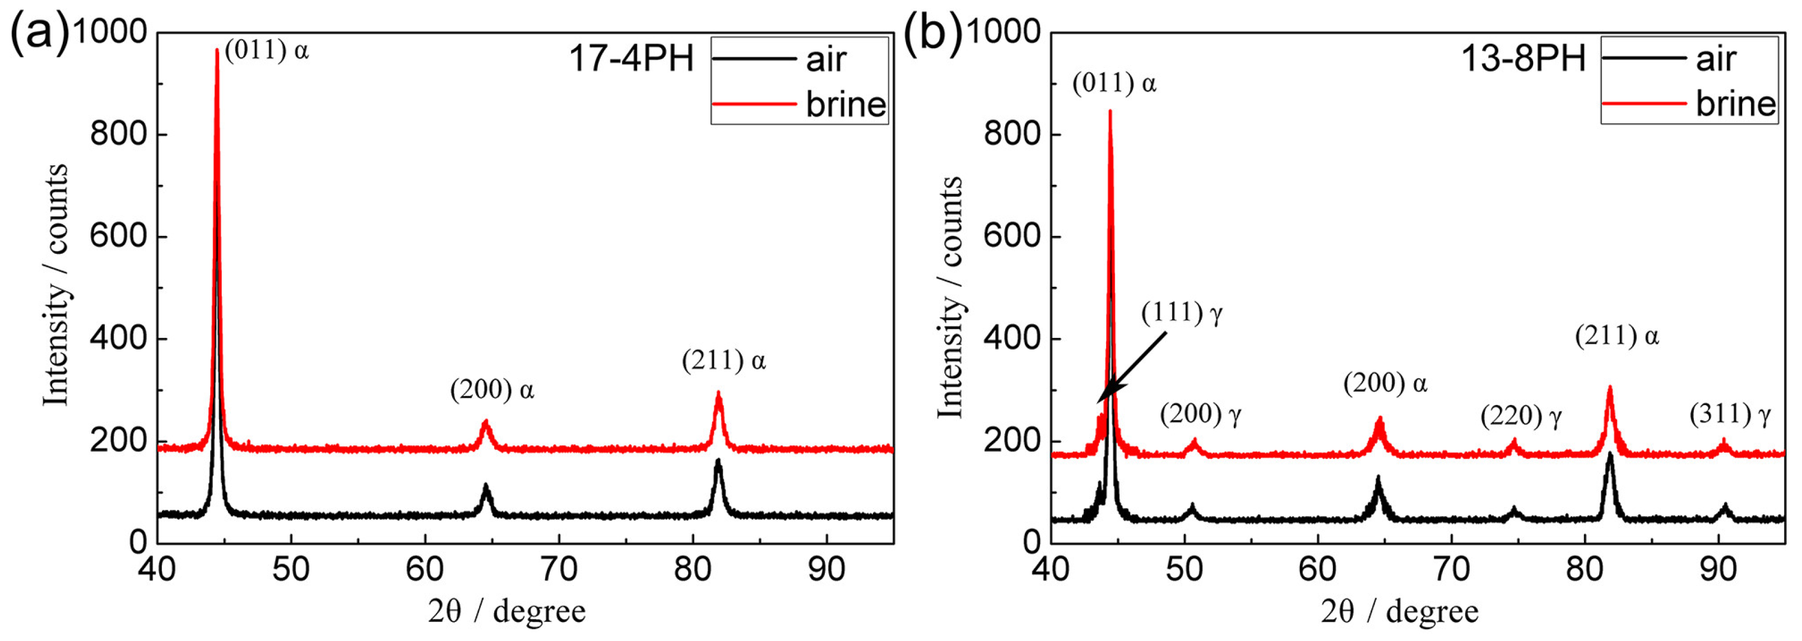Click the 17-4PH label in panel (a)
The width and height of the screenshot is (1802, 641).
click(x=631, y=59)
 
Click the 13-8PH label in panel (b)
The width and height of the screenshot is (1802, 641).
click(x=1523, y=58)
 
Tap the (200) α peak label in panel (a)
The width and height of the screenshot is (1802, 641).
click(x=492, y=390)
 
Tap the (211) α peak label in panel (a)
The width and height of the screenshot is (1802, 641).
click(x=723, y=361)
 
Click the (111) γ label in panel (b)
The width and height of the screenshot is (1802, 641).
click(x=1182, y=313)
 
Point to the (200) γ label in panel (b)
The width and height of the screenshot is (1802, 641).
click(x=1200, y=415)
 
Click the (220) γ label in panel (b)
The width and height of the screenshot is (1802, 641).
click(x=1521, y=417)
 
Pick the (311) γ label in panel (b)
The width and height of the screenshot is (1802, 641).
click(x=1729, y=415)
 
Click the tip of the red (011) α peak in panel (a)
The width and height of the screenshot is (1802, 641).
click(x=217, y=50)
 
